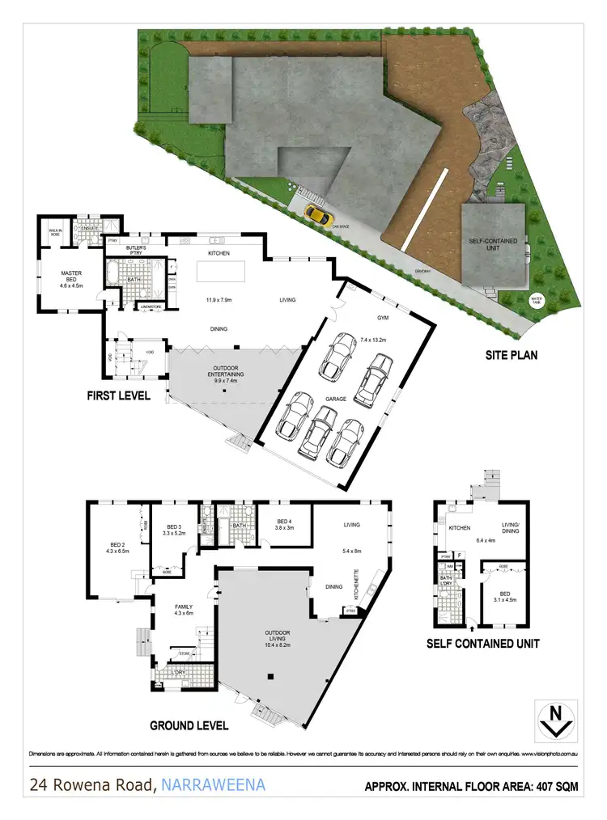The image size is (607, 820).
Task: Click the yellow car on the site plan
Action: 317,215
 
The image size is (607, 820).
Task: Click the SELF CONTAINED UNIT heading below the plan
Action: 484,644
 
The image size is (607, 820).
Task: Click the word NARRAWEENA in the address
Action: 213,784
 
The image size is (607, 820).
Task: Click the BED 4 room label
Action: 284,521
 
